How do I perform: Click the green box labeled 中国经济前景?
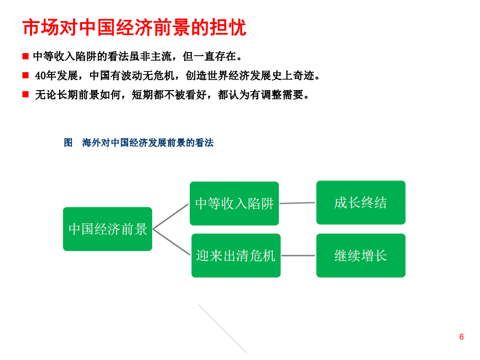point(108,229)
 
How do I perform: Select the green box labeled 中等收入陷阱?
point(234,203)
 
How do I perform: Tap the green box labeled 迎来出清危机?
point(236,255)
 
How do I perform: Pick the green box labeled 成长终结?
point(360,202)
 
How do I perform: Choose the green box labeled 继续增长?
point(360,255)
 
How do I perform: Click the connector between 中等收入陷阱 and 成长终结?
point(297,203)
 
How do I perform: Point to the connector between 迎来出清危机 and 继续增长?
point(298,255)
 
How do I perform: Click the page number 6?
point(461,336)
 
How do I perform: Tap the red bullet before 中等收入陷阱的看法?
point(26,56)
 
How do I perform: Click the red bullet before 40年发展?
point(26,75)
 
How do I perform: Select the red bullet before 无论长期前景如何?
point(26,94)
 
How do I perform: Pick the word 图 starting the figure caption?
point(69,143)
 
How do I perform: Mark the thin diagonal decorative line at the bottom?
point(222,328)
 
